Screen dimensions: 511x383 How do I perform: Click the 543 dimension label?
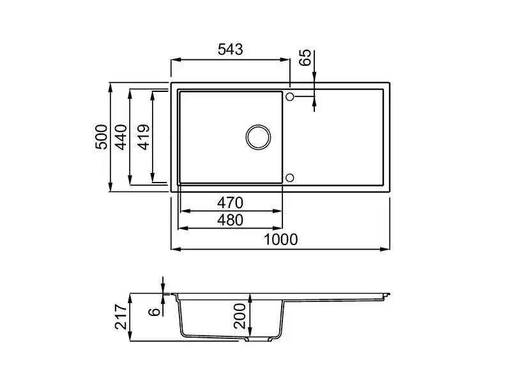click(x=230, y=50)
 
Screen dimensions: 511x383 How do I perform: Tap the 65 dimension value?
click(x=305, y=57)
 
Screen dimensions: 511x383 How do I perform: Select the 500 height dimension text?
click(x=102, y=137)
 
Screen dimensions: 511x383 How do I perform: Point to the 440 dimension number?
click(x=121, y=137)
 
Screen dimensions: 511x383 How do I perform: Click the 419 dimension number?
click(x=144, y=137)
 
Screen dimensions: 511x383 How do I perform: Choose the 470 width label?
click(x=230, y=203)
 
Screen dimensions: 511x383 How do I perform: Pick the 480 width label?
click(x=230, y=220)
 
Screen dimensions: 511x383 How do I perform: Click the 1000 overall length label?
click(x=280, y=240)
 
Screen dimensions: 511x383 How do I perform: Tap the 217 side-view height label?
click(x=121, y=317)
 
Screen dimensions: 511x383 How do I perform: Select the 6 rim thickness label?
click(x=155, y=312)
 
